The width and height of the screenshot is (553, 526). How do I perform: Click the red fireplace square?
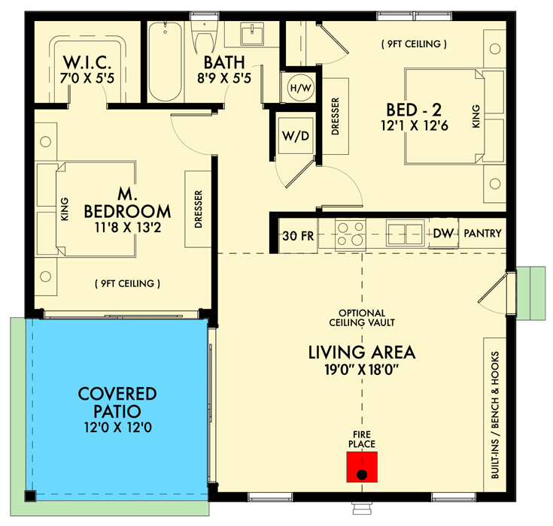pos(362,466)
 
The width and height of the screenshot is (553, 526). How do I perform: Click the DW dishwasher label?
pos(443,234)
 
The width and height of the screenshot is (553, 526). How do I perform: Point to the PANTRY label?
pos(482,234)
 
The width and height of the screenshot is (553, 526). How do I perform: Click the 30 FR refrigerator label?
pos(295,234)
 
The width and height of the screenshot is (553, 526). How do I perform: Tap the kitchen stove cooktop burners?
pos(349,233)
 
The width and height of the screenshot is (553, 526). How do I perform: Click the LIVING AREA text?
pos(362,352)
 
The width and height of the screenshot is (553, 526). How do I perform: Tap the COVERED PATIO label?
pos(117,403)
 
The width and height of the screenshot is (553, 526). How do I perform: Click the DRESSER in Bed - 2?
pos(336,116)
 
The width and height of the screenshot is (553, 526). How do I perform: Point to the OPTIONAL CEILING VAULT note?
pos(362,318)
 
